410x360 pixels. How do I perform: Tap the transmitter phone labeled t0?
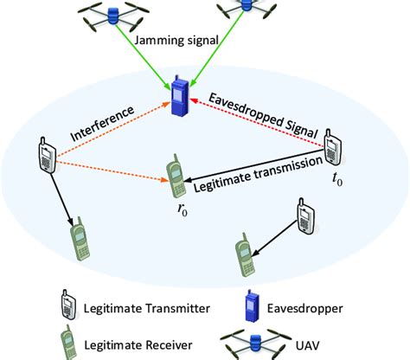[x=333, y=148]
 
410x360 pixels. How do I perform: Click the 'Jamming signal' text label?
[x=177, y=39]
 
